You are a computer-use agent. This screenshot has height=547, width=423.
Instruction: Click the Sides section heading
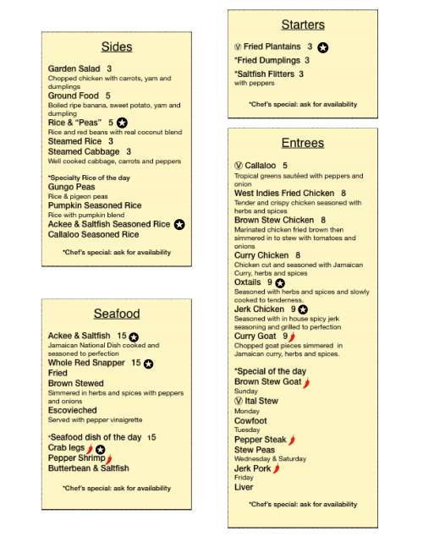point(117,46)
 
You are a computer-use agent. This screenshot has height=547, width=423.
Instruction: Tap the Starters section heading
point(302,25)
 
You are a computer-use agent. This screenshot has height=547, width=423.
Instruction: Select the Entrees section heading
point(302,143)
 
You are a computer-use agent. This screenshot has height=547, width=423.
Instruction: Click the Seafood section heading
point(117,314)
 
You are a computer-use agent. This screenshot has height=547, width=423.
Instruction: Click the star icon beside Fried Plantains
point(323,47)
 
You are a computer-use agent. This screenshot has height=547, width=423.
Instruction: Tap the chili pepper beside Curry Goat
point(293,336)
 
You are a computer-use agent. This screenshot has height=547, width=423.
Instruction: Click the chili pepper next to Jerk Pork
point(277,468)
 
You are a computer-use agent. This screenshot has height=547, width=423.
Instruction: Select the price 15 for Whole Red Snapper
point(135,363)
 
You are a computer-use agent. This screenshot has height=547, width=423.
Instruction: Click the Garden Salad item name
point(74,68)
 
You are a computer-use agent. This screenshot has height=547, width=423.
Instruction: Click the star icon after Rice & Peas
point(122,123)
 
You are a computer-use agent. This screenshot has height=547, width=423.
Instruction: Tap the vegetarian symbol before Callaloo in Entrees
point(239,166)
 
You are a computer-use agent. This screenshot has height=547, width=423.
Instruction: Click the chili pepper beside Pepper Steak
point(292,440)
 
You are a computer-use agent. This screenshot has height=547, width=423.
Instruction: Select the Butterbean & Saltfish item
point(88,468)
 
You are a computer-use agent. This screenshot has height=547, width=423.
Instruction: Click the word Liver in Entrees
point(244,487)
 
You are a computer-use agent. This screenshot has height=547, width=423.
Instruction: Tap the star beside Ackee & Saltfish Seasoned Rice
point(179,225)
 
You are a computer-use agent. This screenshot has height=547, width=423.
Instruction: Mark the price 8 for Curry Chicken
point(298,255)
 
